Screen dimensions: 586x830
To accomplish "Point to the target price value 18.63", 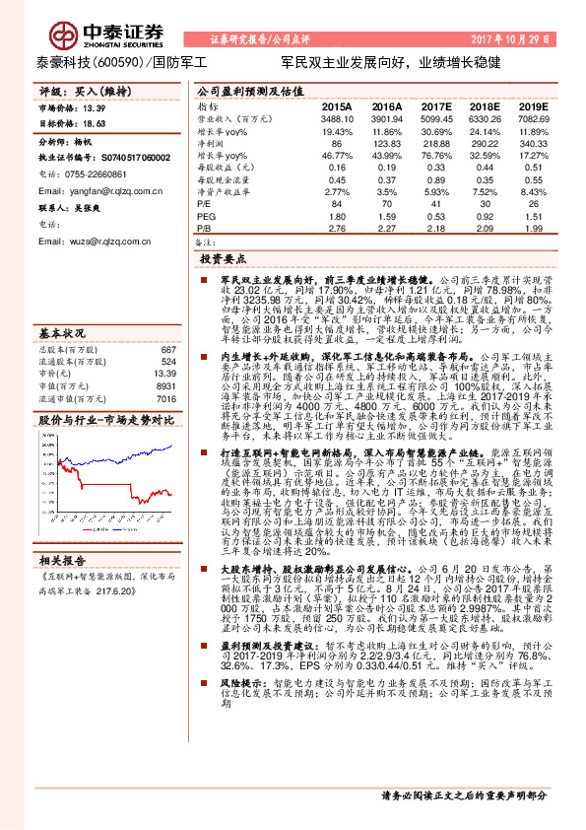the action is click(x=95, y=124).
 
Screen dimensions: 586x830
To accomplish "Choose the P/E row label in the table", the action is click(x=205, y=203).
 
